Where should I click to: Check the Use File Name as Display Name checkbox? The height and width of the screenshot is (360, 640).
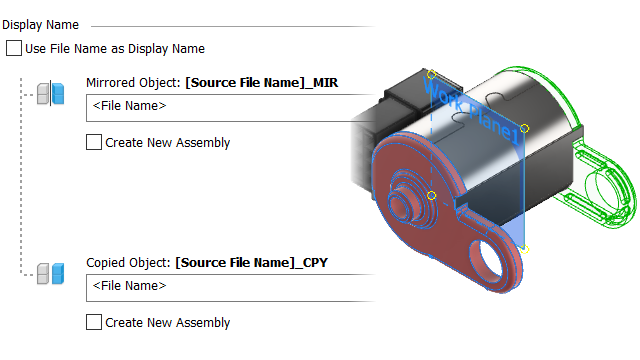pyautogui.click(x=14, y=48)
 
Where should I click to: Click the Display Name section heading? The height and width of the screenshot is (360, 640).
pyautogui.click(x=40, y=25)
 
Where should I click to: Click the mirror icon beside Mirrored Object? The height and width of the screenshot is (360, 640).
pyautogui.click(x=51, y=93)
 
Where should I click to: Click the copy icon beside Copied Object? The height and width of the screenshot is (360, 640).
pyautogui.click(x=51, y=273)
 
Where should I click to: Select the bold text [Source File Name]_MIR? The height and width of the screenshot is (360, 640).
pyautogui.click(x=262, y=83)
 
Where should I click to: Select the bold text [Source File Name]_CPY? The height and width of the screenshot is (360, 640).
pyautogui.click(x=251, y=262)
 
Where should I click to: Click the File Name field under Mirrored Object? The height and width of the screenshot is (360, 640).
pyautogui.click(x=229, y=108)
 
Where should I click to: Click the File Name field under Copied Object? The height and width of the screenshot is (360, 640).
pyautogui.click(x=229, y=288)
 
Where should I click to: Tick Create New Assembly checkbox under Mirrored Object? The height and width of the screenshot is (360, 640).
pyautogui.click(x=94, y=142)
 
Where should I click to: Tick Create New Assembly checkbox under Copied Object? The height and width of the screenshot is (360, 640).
pyautogui.click(x=94, y=322)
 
